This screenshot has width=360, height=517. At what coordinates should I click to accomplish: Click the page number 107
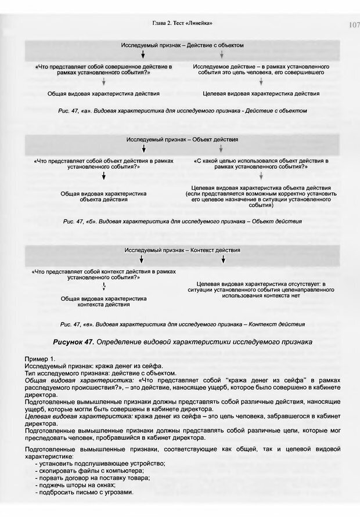tap(354, 24)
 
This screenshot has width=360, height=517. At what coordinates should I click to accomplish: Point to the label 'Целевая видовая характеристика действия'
tap(261, 93)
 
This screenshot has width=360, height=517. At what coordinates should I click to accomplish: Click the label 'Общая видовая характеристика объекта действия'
tap(103, 196)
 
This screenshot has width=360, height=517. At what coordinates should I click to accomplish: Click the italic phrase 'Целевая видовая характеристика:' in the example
tap(71, 418)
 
